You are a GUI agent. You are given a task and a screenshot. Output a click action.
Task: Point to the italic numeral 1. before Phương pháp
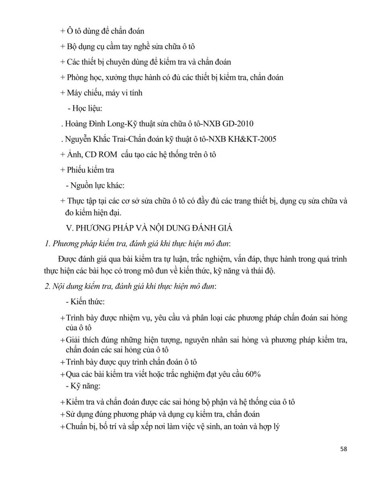47,244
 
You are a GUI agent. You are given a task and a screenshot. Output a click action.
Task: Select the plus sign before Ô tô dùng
62,31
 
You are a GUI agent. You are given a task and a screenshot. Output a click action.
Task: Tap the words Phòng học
82,77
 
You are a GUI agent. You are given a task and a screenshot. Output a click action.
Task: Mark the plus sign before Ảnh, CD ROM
62,154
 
